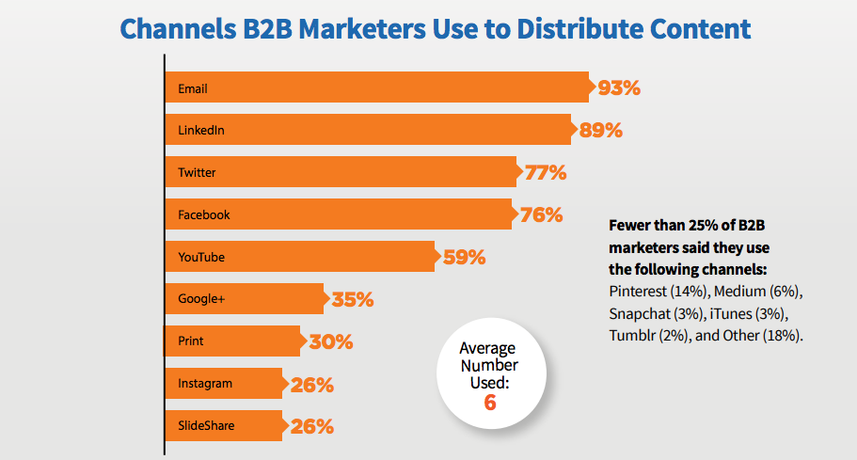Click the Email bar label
192,89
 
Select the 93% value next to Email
618,88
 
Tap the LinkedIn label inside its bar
200,131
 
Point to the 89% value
601,131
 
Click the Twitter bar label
198,173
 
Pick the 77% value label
545,172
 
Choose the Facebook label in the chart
204,214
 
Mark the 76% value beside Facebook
541,214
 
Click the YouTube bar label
200,257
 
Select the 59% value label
464,257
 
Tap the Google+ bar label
200,299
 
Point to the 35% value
353,300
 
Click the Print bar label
191,341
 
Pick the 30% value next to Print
331,342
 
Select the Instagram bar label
205,384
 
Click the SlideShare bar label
206,426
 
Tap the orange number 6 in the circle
490,404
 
